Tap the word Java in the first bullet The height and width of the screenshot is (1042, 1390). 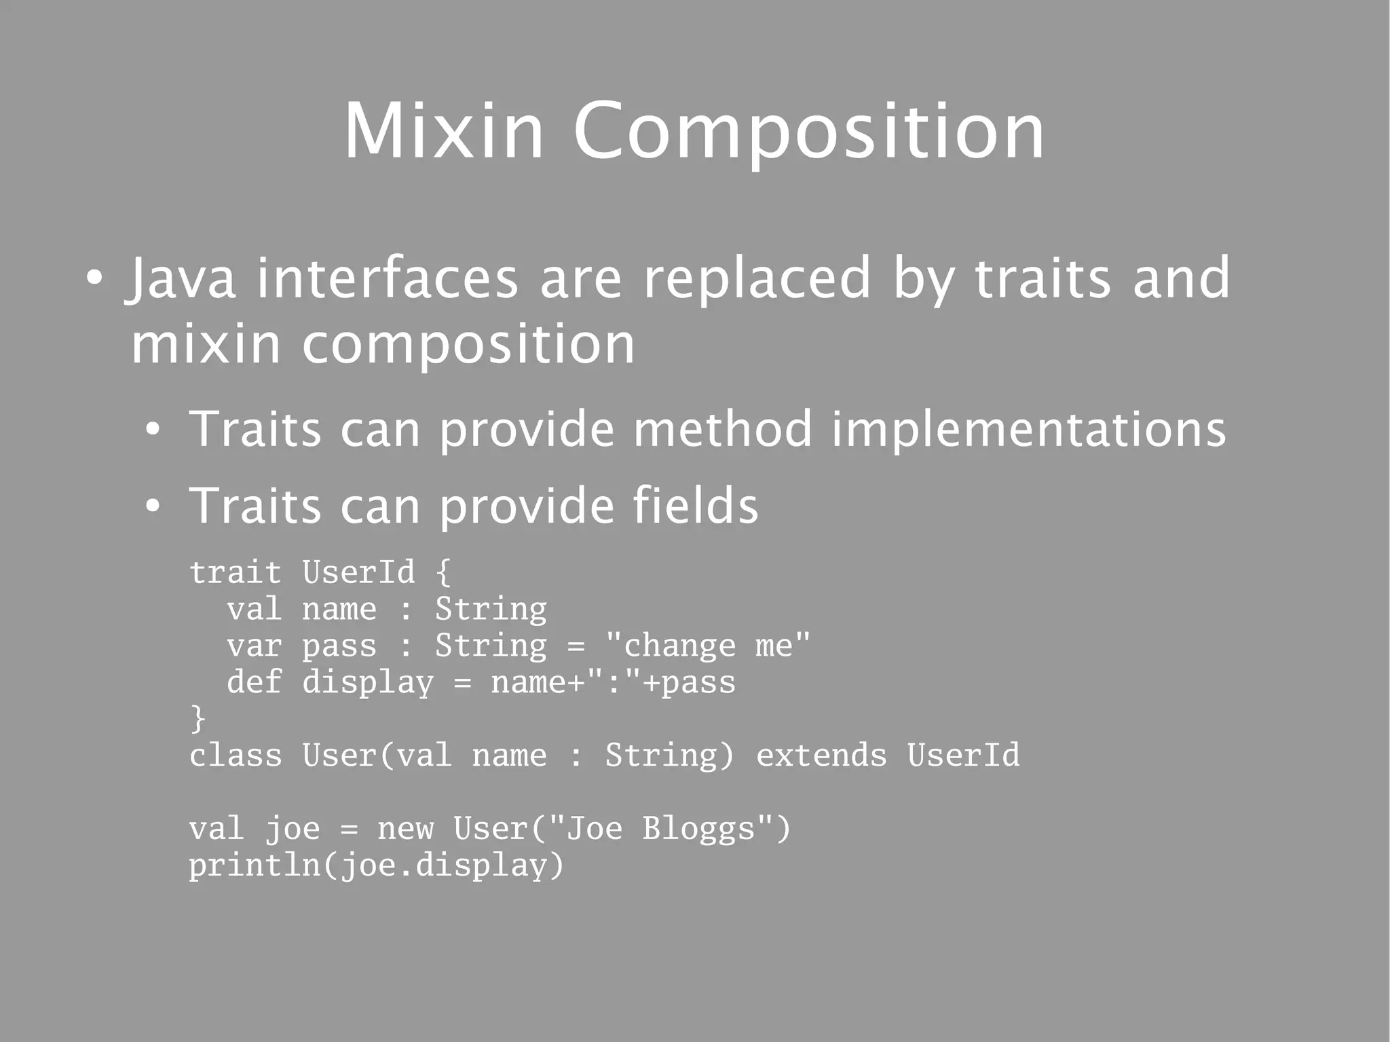click(x=182, y=278)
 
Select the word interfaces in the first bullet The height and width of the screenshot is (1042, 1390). click(x=387, y=278)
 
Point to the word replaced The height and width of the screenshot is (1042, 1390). click(x=757, y=278)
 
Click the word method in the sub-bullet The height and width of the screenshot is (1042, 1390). click(x=722, y=429)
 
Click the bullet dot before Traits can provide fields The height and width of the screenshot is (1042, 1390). click(x=153, y=506)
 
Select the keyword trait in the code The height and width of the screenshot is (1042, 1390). click(x=235, y=572)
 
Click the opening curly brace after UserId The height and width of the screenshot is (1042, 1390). click(x=443, y=572)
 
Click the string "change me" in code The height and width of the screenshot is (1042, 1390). click(x=707, y=646)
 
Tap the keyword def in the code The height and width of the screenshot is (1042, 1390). click(x=254, y=682)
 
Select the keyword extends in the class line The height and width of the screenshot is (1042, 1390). click(x=821, y=756)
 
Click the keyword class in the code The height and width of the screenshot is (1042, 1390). click(x=235, y=756)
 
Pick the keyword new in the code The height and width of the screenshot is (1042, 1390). click(x=405, y=829)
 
